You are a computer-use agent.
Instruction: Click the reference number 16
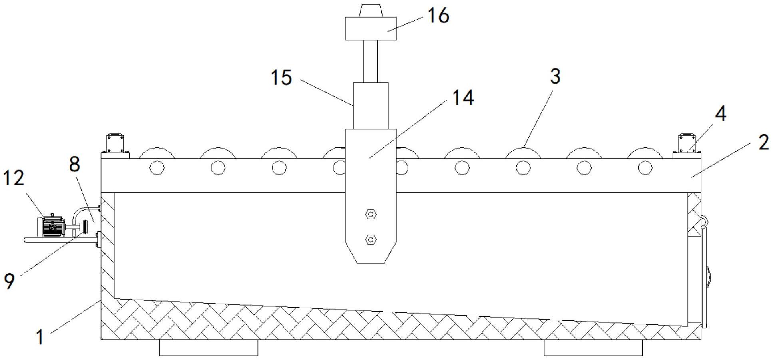tap(438, 16)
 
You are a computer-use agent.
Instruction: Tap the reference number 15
tap(281, 77)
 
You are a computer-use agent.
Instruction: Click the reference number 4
tap(721, 114)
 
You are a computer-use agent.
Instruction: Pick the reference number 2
tap(763, 142)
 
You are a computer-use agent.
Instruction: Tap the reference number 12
tap(14, 178)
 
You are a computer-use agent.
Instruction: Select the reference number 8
tap(75, 164)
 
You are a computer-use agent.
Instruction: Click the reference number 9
tap(9, 281)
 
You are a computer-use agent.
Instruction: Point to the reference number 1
tap(40, 337)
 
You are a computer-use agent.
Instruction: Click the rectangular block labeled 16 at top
tap(371, 28)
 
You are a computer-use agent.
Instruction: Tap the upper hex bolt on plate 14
tap(371, 215)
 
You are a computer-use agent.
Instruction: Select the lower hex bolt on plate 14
tap(371, 239)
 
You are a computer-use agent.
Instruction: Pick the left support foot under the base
tap(208, 347)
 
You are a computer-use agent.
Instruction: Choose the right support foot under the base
tap(593, 347)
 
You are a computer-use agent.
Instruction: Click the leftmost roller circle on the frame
tap(157, 168)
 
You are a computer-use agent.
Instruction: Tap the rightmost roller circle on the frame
tap(645, 168)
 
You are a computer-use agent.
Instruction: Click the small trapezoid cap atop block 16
tap(371, 11)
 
